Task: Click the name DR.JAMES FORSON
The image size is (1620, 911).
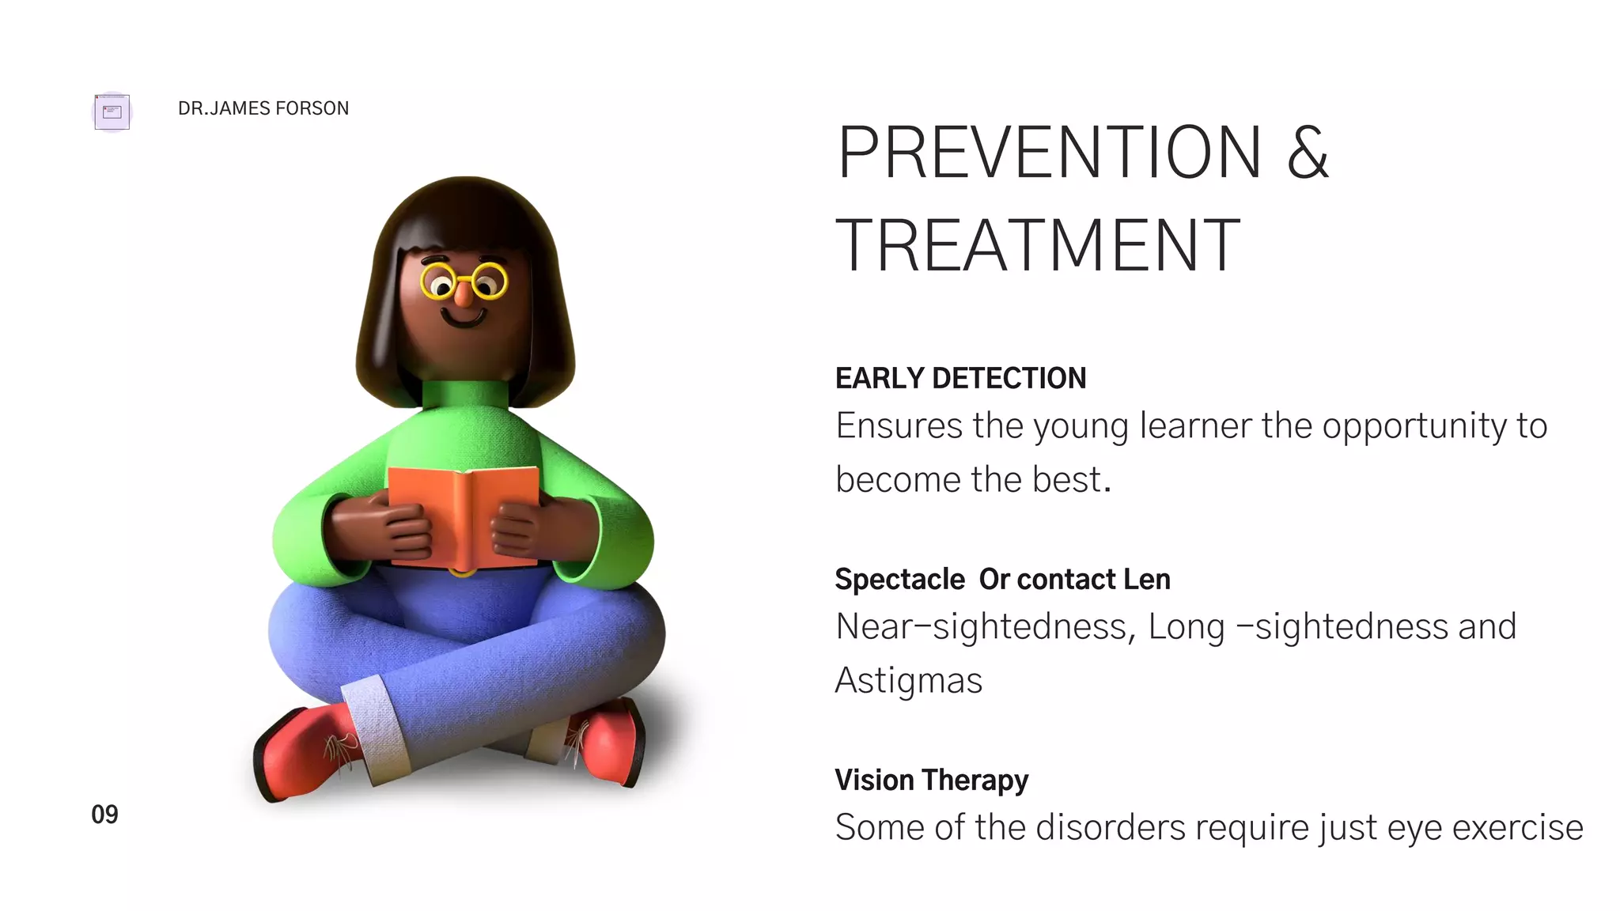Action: (263, 108)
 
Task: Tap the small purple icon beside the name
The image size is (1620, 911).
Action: (112, 112)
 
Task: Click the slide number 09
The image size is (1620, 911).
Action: (104, 815)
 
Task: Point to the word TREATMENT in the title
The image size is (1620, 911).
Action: (1038, 246)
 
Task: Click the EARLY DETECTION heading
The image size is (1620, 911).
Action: (960, 379)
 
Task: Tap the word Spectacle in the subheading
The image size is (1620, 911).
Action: (899, 580)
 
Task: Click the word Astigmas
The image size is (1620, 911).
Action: (908, 681)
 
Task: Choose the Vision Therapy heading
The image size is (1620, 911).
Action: (931, 781)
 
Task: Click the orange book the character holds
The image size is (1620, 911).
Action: (462, 514)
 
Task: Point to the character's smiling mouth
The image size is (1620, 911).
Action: (464, 319)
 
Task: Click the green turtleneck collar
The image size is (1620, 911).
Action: (464, 394)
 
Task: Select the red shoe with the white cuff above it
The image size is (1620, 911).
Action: (305, 751)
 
